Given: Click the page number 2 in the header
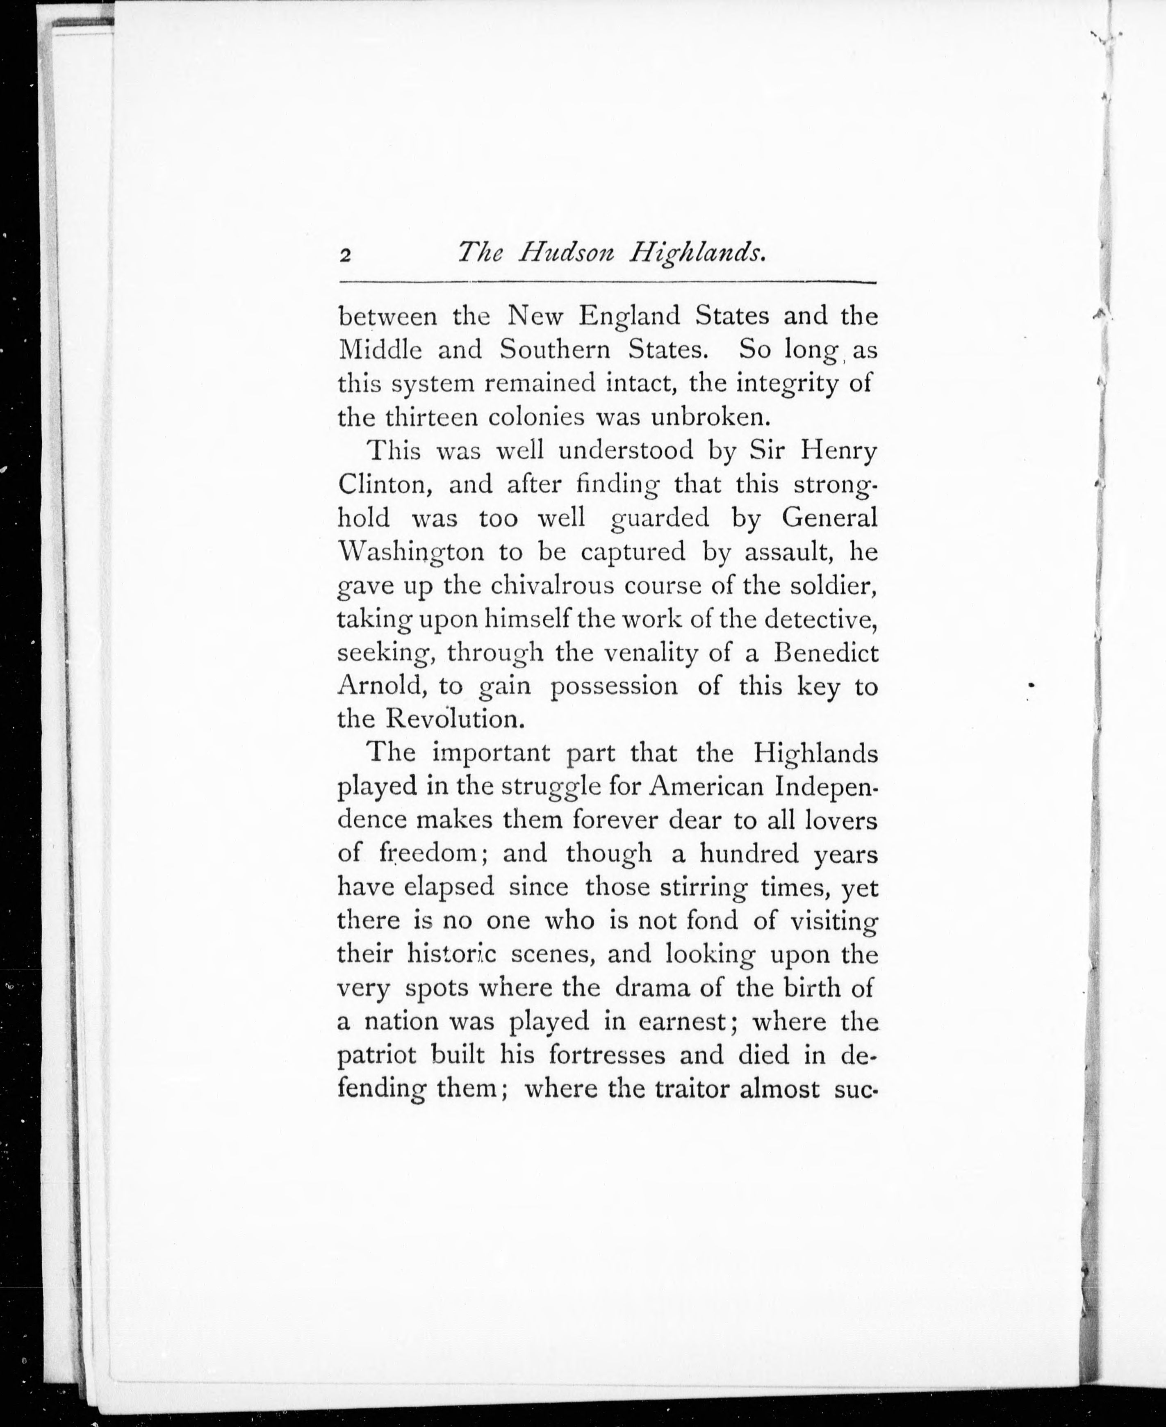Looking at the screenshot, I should [345, 255].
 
